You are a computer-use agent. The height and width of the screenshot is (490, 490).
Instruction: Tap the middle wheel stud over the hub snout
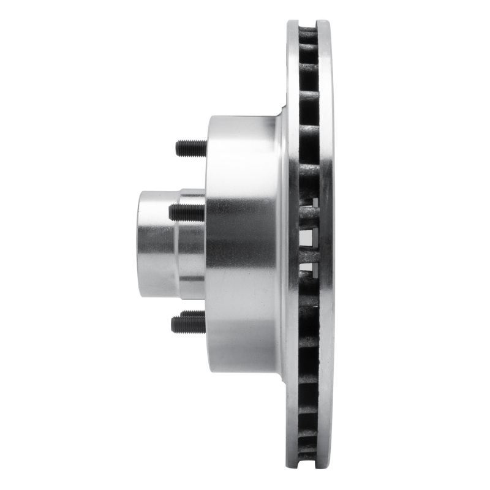pos(186,213)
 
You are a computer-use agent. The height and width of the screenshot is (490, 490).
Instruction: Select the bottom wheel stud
pos(189,322)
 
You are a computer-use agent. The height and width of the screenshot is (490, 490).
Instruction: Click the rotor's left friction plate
pos(293,245)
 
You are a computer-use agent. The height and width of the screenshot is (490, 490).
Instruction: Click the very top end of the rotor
pos(309,21)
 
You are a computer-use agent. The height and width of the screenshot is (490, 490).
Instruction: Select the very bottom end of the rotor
pos(309,468)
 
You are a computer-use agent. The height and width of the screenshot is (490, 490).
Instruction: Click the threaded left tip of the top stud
pos(179,148)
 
